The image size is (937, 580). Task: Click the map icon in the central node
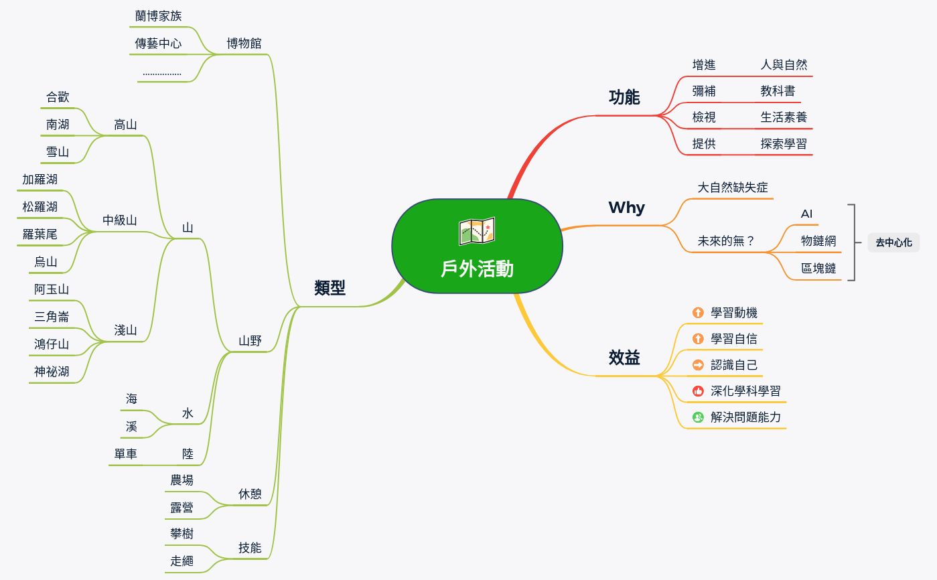pyautogui.click(x=477, y=232)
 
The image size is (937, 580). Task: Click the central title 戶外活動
pyautogui.click(x=477, y=269)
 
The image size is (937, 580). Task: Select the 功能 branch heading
pyautogui.click(x=624, y=98)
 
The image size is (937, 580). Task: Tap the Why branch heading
pyautogui.click(x=626, y=208)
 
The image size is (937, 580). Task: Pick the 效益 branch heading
pyautogui.click(x=624, y=358)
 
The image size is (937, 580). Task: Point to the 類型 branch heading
pyautogui.click(x=330, y=288)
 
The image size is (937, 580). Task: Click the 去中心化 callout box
pyautogui.click(x=893, y=242)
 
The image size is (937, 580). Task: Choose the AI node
pyautogui.click(x=806, y=214)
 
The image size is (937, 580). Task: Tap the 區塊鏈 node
pyautogui.click(x=818, y=269)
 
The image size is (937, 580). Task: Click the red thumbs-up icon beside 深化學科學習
pyautogui.click(x=698, y=391)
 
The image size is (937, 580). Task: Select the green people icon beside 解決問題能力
pyautogui.click(x=698, y=417)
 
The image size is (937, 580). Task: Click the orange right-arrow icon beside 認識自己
pyautogui.click(x=698, y=365)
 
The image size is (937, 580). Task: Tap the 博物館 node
pyautogui.click(x=244, y=44)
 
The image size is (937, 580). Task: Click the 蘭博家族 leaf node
pyautogui.click(x=158, y=16)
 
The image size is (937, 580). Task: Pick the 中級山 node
pyautogui.click(x=120, y=220)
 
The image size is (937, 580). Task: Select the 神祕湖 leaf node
pyautogui.click(x=52, y=372)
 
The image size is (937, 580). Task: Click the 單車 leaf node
pyautogui.click(x=125, y=454)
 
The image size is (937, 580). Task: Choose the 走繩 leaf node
pyautogui.click(x=182, y=561)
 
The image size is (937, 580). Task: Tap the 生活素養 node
pyautogui.click(x=784, y=117)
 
